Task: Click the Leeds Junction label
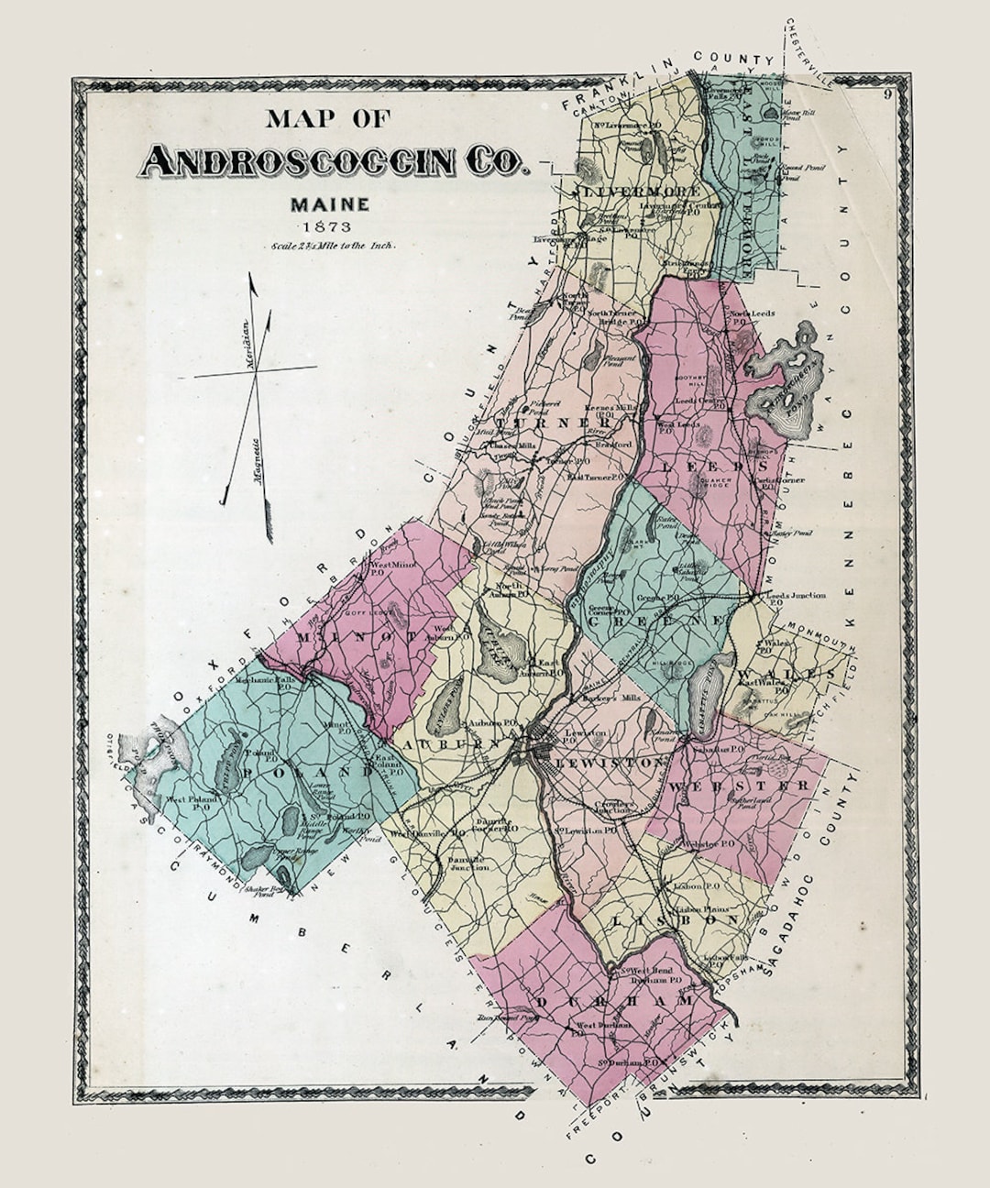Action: tap(794, 595)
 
